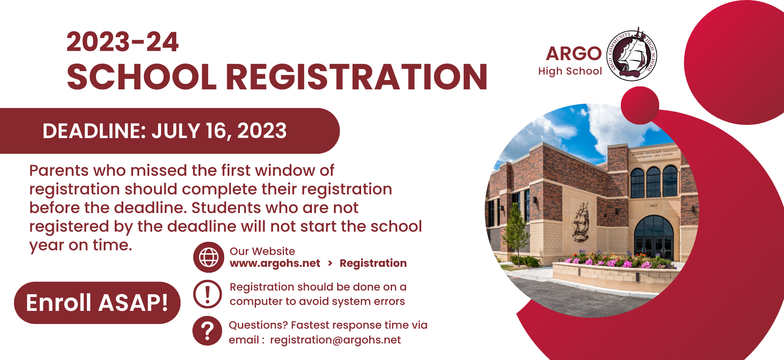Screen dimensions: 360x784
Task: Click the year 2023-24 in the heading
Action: pos(122,42)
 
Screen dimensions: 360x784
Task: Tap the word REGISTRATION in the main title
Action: pos(356,77)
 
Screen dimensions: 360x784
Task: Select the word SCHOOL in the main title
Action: pos(142,77)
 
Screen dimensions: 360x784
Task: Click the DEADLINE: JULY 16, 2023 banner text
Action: pos(164,131)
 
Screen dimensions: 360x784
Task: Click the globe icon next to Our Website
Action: pos(209,257)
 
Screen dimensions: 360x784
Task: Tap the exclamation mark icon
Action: pos(208,294)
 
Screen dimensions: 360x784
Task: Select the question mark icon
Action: pos(207,331)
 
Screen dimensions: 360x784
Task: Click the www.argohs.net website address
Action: pos(275,263)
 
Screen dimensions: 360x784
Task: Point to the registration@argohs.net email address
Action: pos(335,340)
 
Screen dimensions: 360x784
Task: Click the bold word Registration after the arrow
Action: pos(373,263)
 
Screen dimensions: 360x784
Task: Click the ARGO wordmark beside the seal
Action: pos(574,54)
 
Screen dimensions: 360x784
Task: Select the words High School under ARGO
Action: pos(570,71)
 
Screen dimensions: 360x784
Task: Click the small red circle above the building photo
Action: pos(640,105)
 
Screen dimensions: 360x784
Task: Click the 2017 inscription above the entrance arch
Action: pos(653,206)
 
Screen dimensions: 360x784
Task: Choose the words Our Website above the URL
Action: pos(262,251)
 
